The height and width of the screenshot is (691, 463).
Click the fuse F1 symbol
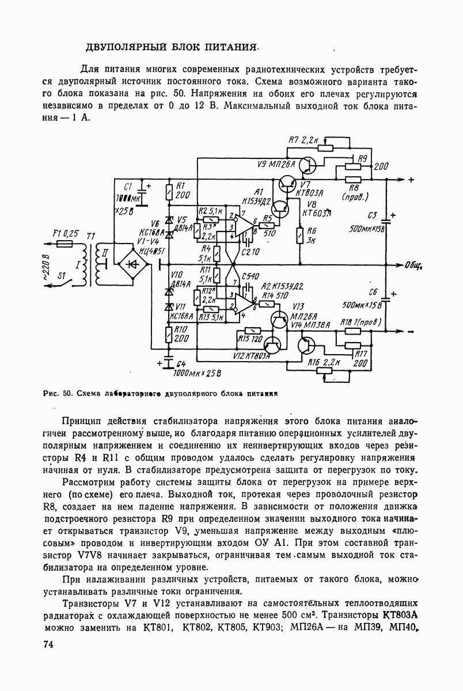tap(64, 244)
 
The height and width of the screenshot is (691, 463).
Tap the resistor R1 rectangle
tap(169, 192)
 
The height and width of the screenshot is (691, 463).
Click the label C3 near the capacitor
tap(371, 215)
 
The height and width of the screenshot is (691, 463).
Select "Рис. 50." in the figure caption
tap(56, 394)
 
